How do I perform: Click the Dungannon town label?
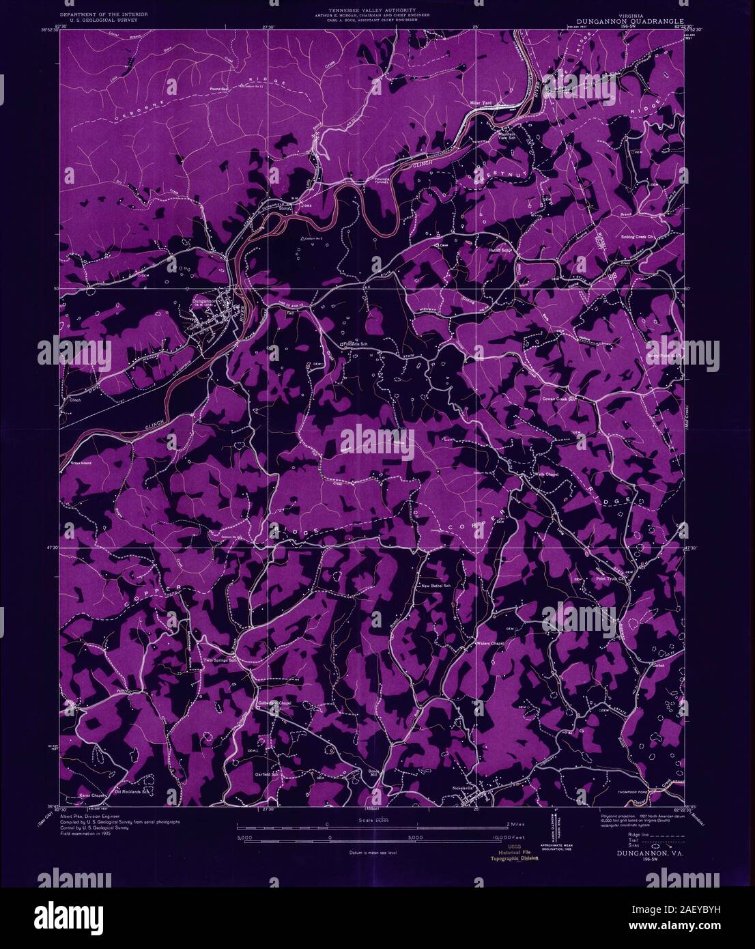pyautogui.click(x=203, y=300)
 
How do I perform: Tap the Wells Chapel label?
pyautogui.click(x=547, y=474)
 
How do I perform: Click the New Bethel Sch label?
pyautogui.click(x=437, y=586)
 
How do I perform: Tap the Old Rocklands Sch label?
pyautogui.click(x=130, y=792)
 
